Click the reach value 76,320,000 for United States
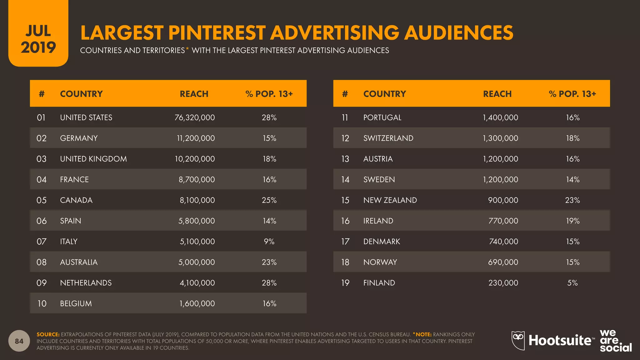[x=195, y=117]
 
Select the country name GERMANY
[x=79, y=138]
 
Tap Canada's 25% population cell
[x=269, y=200]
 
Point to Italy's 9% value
[x=269, y=242]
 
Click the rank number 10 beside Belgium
[x=42, y=303]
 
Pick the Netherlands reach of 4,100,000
[x=197, y=283]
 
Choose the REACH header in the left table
[x=194, y=94]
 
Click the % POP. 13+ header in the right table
[x=572, y=94]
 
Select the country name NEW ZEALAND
[x=390, y=200]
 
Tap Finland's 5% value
[x=572, y=283]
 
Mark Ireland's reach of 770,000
[x=503, y=221]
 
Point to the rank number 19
[x=345, y=283]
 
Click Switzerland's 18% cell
[x=572, y=138]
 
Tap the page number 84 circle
[x=19, y=341]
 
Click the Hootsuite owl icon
[x=518, y=340]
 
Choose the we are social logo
[x=615, y=341]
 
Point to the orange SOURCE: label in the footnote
[x=48, y=334]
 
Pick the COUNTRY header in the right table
[x=385, y=94]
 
